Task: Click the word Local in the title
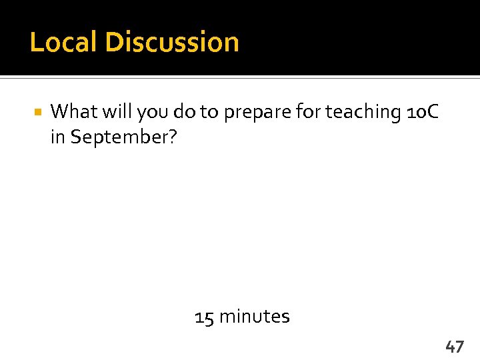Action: pyautogui.click(x=64, y=42)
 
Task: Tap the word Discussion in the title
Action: pyautogui.click(x=172, y=42)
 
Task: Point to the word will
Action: pyautogui.click(x=117, y=111)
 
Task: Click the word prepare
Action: pyautogui.click(x=257, y=113)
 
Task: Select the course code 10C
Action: pyautogui.click(x=422, y=112)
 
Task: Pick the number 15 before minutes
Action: pyautogui.click(x=204, y=316)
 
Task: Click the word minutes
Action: pyautogui.click(x=254, y=316)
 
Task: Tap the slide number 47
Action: pyautogui.click(x=455, y=346)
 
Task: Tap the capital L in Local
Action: pyautogui.click(x=36, y=42)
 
